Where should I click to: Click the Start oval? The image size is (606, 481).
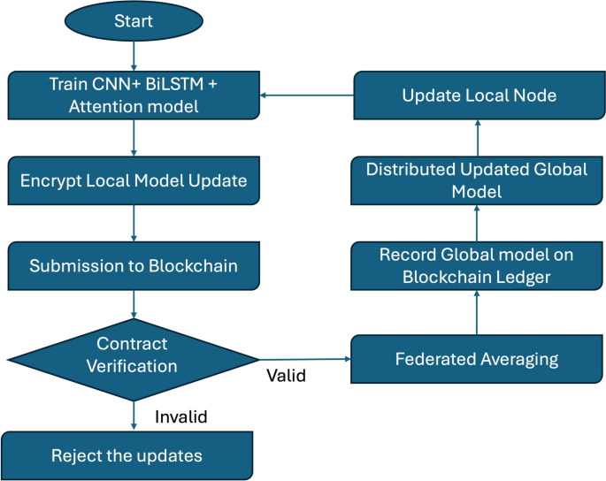point(133,21)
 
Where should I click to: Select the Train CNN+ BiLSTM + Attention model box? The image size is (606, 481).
point(133,95)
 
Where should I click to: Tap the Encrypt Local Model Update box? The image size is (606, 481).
point(133,181)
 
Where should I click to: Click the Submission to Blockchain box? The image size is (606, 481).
point(133,265)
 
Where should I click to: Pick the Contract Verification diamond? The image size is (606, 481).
point(133,355)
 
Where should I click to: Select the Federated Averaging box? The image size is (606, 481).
point(476,360)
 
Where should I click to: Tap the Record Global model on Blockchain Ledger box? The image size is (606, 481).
point(476,264)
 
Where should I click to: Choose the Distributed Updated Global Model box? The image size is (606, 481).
point(476,179)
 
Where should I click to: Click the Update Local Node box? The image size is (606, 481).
point(479,95)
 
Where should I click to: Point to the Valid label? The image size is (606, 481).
point(286,376)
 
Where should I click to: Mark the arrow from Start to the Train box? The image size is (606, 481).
point(133,56)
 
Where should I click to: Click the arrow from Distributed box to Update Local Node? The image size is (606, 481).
point(476,137)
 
